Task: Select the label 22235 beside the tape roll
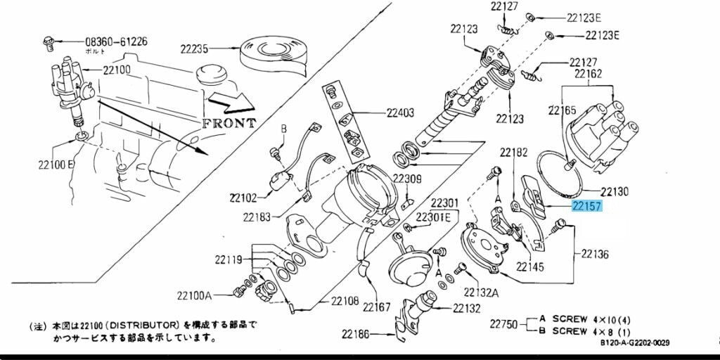tap(194, 49)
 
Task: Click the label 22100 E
tap(56, 164)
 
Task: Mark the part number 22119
tap(229, 260)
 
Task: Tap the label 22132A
tap(481, 292)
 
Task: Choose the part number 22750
tap(503, 324)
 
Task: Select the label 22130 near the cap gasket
tap(615, 191)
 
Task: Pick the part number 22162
tap(588, 73)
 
